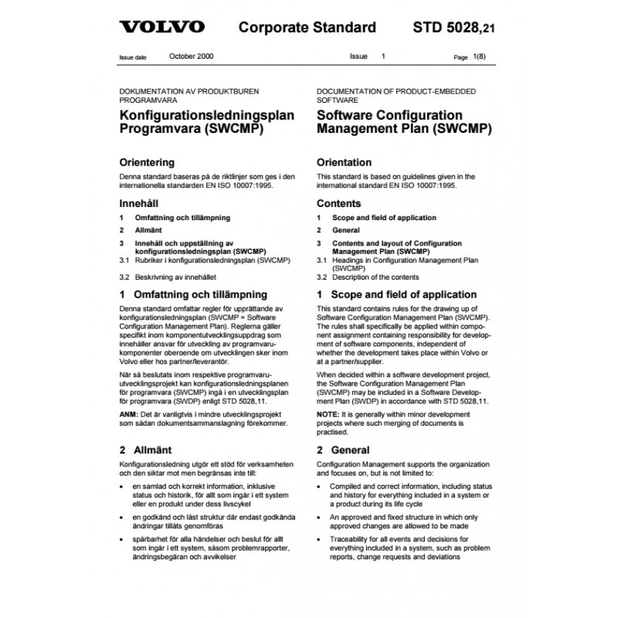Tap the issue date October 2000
(192, 57)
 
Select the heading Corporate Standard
(307, 29)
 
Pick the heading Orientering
(147, 163)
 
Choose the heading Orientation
(345, 163)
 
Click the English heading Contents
(339, 204)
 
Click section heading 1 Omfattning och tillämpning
(193, 295)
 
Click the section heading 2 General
(343, 450)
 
